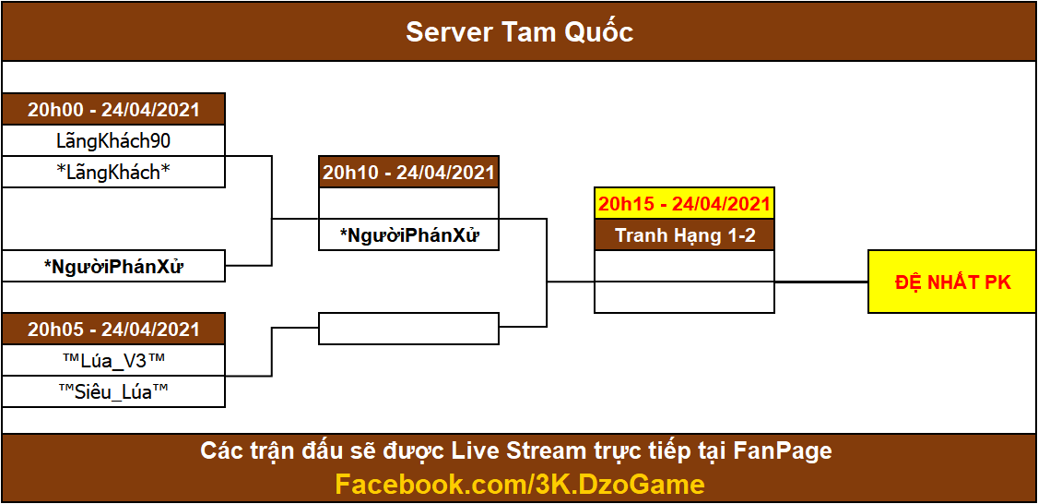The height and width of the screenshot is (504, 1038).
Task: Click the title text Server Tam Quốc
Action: pos(519,32)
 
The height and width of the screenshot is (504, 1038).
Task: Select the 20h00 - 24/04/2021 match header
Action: pos(113,109)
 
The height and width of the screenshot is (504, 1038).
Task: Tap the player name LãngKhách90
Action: pos(113,141)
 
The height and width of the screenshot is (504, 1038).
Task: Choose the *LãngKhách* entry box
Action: pos(113,173)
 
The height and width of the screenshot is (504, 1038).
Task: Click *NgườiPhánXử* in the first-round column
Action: pos(113,267)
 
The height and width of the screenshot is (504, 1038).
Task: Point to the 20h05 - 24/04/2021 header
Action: pos(113,330)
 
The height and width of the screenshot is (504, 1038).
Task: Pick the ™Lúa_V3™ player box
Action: pos(113,360)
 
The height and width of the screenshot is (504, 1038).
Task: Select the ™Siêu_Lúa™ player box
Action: pos(113,391)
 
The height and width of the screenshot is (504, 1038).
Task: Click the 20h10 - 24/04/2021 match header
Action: pos(408,172)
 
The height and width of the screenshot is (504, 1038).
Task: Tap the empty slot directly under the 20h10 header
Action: pos(408,203)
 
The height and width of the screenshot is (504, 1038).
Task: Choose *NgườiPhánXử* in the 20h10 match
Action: pos(408,234)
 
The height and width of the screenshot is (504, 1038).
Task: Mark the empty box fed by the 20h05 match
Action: pos(408,329)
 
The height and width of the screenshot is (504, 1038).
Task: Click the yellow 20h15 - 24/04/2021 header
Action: pos(684,204)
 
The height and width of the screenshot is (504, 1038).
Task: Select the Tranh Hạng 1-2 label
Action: pos(684,235)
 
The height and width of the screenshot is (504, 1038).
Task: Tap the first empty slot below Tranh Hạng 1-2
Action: pos(684,266)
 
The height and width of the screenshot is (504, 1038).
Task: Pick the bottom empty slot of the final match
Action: pos(684,297)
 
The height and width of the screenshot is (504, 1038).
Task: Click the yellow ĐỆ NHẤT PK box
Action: pos(952,282)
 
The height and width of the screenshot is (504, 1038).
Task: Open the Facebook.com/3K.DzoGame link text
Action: pos(519,484)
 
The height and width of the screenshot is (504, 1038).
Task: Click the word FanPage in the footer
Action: pos(783,451)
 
